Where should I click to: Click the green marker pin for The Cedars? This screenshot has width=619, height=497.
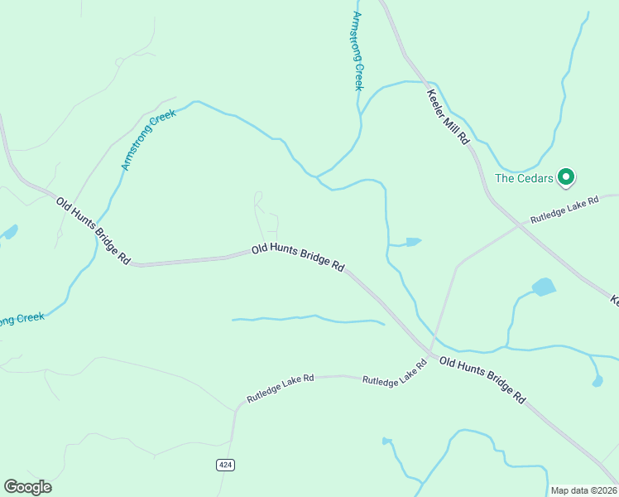[566, 176]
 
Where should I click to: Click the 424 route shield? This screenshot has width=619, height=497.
[225, 465]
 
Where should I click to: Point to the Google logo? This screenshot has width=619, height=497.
[27, 487]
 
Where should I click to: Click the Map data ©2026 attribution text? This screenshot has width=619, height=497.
[583, 490]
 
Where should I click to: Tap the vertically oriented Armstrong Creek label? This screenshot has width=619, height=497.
[357, 51]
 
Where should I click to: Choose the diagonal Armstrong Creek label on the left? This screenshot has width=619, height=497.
[149, 140]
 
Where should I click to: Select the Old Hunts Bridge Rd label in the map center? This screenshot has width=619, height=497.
[298, 258]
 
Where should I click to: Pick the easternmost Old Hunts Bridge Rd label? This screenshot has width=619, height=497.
[482, 379]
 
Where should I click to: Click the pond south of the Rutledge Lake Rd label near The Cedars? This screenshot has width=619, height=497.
[544, 287]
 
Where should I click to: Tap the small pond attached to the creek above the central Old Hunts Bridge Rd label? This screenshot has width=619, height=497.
[412, 242]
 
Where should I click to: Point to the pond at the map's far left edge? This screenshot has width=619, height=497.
[8, 233]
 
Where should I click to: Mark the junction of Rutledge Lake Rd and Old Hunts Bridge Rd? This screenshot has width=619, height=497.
[429, 352]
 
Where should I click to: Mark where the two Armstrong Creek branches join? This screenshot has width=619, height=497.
[317, 176]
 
